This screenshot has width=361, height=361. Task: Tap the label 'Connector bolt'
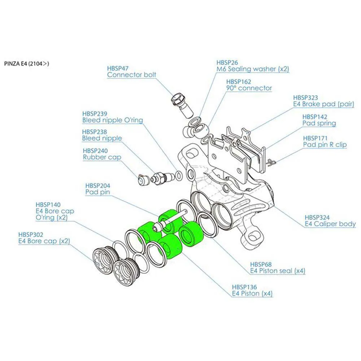tap(132, 75)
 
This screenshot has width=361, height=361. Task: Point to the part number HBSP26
tap(227, 62)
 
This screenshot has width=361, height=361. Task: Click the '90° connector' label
tap(249, 88)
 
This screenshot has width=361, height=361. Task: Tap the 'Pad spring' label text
tap(319, 123)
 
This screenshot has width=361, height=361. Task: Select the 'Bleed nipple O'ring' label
tap(113, 120)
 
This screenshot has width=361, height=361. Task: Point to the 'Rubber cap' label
tap(102, 157)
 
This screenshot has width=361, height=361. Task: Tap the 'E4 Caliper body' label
tap(330, 224)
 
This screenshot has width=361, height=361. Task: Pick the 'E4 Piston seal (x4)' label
tap(278, 270)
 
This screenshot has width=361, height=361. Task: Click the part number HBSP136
tap(244, 287)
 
